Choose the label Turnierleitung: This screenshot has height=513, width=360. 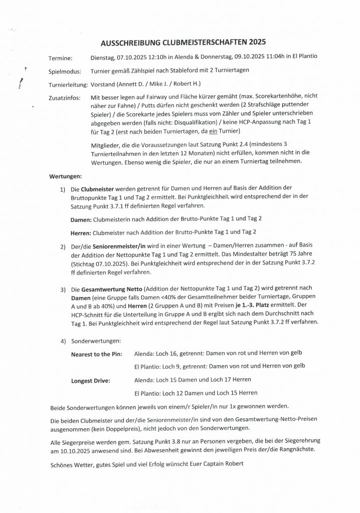68,84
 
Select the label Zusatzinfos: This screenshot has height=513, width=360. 65,98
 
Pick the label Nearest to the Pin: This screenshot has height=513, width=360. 97,354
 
